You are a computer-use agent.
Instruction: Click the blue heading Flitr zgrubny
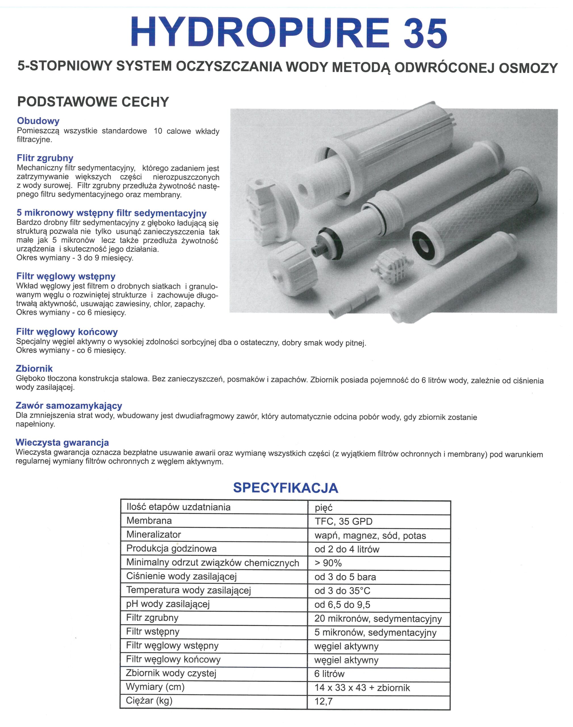(x=45, y=158)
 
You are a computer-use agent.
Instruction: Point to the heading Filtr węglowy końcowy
(x=67, y=332)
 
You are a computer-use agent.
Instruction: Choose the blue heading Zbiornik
(x=34, y=369)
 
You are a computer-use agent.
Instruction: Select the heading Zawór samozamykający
(x=69, y=406)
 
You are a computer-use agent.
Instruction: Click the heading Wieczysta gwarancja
(x=62, y=442)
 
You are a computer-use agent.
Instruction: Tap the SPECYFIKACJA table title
(x=286, y=488)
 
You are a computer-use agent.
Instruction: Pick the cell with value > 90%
(x=328, y=563)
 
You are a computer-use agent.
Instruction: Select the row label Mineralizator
(x=153, y=534)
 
